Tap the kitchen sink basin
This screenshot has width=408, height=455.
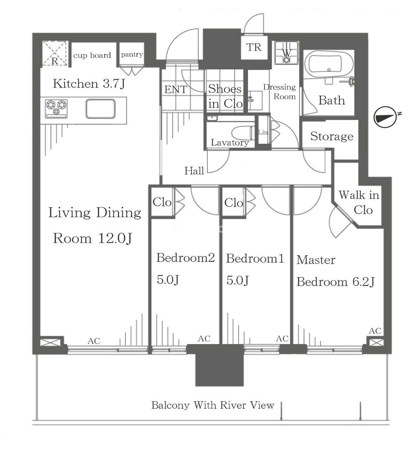pyautogui.click(x=100, y=109)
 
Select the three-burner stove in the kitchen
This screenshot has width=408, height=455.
pyautogui.click(x=56, y=109)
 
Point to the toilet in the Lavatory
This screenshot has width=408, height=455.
pyautogui.click(x=242, y=132)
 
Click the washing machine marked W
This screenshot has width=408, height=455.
pyautogui.click(x=286, y=53)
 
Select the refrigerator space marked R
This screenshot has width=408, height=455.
pyautogui.click(x=55, y=53)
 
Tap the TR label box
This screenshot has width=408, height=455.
pyautogui.click(x=254, y=47)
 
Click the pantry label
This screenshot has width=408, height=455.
pyautogui.click(x=132, y=55)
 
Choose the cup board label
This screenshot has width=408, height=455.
pyautogui.click(x=92, y=55)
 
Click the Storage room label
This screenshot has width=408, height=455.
pyautogui.click(x=332, y=136)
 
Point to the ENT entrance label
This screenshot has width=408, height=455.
pyautogui.click(x=175, y=90)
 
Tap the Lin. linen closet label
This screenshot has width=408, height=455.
pyautogui.click(x=263, y=132)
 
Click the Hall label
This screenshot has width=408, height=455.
pyautogui.click(x=194, y=171)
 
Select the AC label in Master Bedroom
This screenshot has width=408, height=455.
pyautogui.click(x=375, y=331)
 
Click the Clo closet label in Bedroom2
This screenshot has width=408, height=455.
pyautogui.click(x=162, y=202)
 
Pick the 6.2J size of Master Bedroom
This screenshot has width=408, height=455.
pyautogui.click(x=363, y=282)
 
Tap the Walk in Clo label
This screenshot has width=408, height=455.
pyautogui.click(x=359, y=202)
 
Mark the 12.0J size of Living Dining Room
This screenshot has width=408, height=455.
pyautogui.click(x=115, y=238)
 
